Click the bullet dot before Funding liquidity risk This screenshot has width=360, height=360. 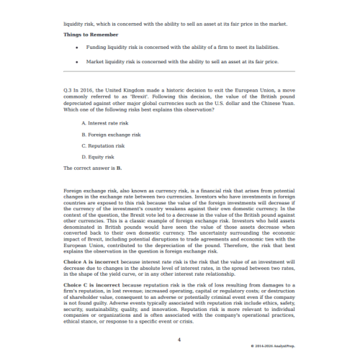point(76,48)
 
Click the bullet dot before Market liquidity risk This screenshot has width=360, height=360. point(76,62)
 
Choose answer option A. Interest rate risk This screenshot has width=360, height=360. point(108,123)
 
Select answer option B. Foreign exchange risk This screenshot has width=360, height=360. point(112,135)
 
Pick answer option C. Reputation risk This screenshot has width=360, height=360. point(106,145)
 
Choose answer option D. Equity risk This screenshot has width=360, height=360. point(98,157)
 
